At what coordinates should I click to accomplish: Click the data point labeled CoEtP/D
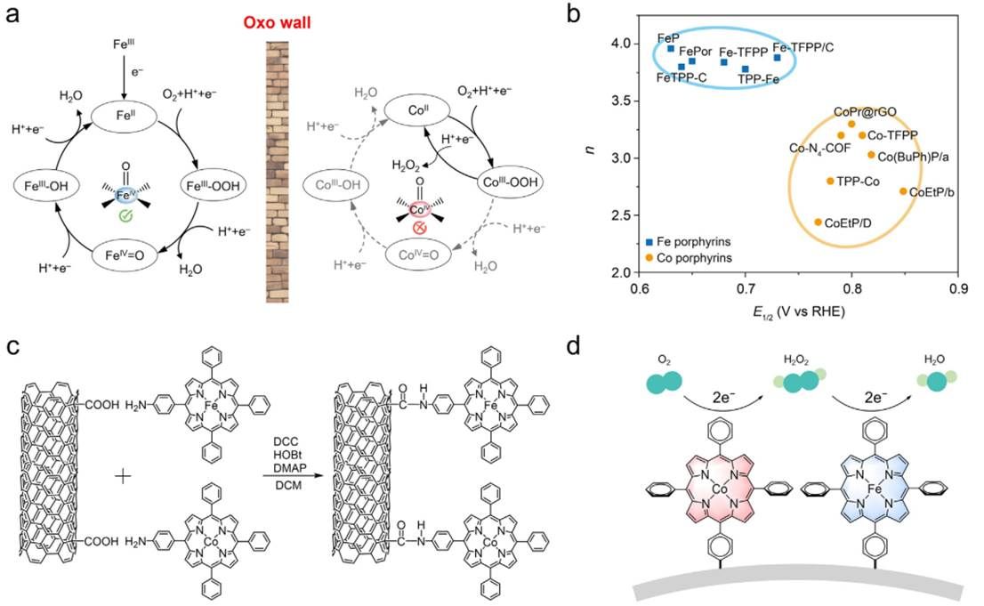pyautogui.click(x=819, y=222)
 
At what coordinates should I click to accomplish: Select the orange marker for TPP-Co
pyautogui.click(x=830, y=181)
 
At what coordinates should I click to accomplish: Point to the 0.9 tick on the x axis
pyautogui.click(x=958, y=289)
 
